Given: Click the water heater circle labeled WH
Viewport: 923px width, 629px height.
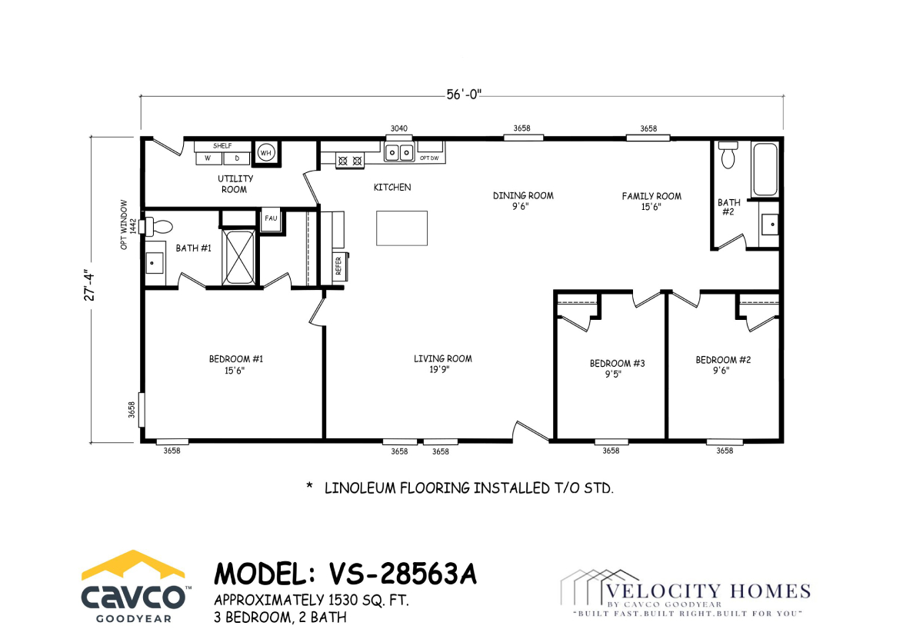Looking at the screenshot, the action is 266,153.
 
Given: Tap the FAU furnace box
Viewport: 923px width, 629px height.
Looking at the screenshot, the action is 271,218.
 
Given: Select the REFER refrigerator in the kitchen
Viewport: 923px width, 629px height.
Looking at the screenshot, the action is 339,266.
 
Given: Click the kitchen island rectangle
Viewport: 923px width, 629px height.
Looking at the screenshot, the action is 402,228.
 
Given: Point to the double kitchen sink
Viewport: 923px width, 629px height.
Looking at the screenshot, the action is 399,152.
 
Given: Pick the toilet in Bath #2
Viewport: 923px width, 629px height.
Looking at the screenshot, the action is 728,155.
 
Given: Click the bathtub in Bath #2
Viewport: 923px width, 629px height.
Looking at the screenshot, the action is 765,169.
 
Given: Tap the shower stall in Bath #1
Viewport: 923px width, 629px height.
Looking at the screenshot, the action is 238,258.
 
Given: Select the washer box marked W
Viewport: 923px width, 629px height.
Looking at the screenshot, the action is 208,158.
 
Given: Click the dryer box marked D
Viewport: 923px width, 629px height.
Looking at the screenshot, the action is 237,158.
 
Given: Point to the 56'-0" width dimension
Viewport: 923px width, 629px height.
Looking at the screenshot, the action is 464,95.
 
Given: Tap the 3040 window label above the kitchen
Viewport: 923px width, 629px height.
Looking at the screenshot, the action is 399,128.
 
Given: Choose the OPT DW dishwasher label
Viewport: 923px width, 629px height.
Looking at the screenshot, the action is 429,158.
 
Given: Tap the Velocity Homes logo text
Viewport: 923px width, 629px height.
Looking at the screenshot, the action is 708,591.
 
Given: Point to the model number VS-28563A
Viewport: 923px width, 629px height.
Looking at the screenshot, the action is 402,574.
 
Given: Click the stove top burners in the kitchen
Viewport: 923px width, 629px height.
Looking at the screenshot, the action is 350,161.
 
